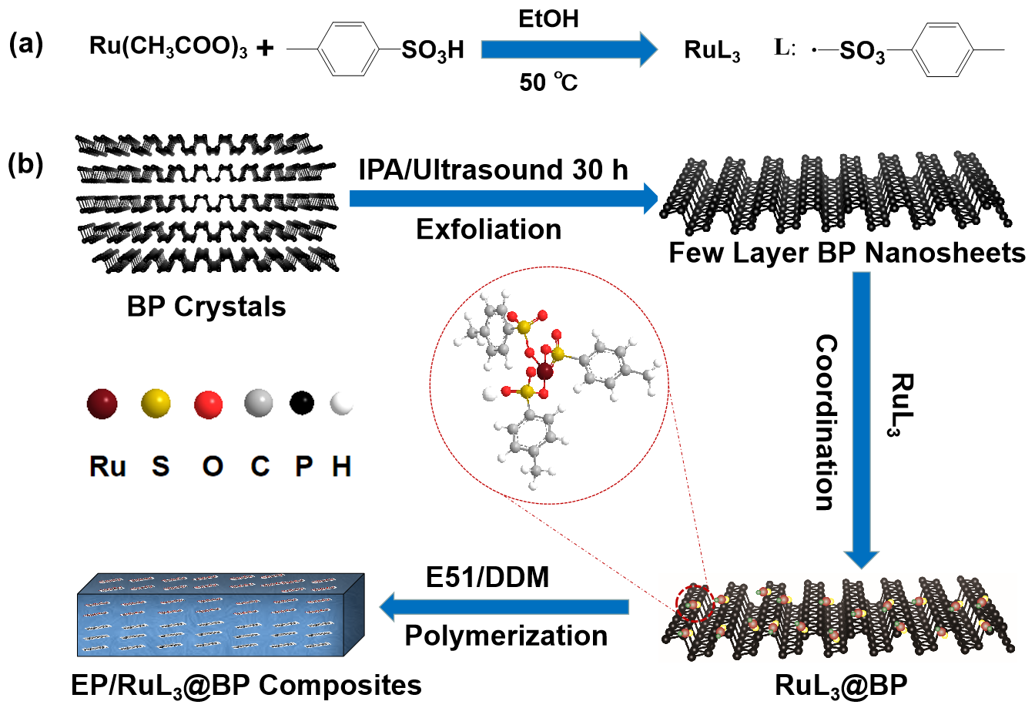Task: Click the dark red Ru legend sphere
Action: pos(102,403)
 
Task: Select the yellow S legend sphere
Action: pos(156,403)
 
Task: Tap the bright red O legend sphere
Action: pos(209,404)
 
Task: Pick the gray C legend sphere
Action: pos(259,403)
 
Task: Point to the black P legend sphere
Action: pos(303,401)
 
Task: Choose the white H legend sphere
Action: pos(340,403)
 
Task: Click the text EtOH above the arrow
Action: pos(548,18)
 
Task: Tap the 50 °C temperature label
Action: pos(548,82)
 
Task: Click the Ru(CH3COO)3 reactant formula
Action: pos(169,48)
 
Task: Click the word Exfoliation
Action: pos(488,229)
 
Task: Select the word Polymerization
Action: pos(506,636)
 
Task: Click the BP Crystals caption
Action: pos(206,307)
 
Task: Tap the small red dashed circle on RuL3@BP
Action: pos(696,602)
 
